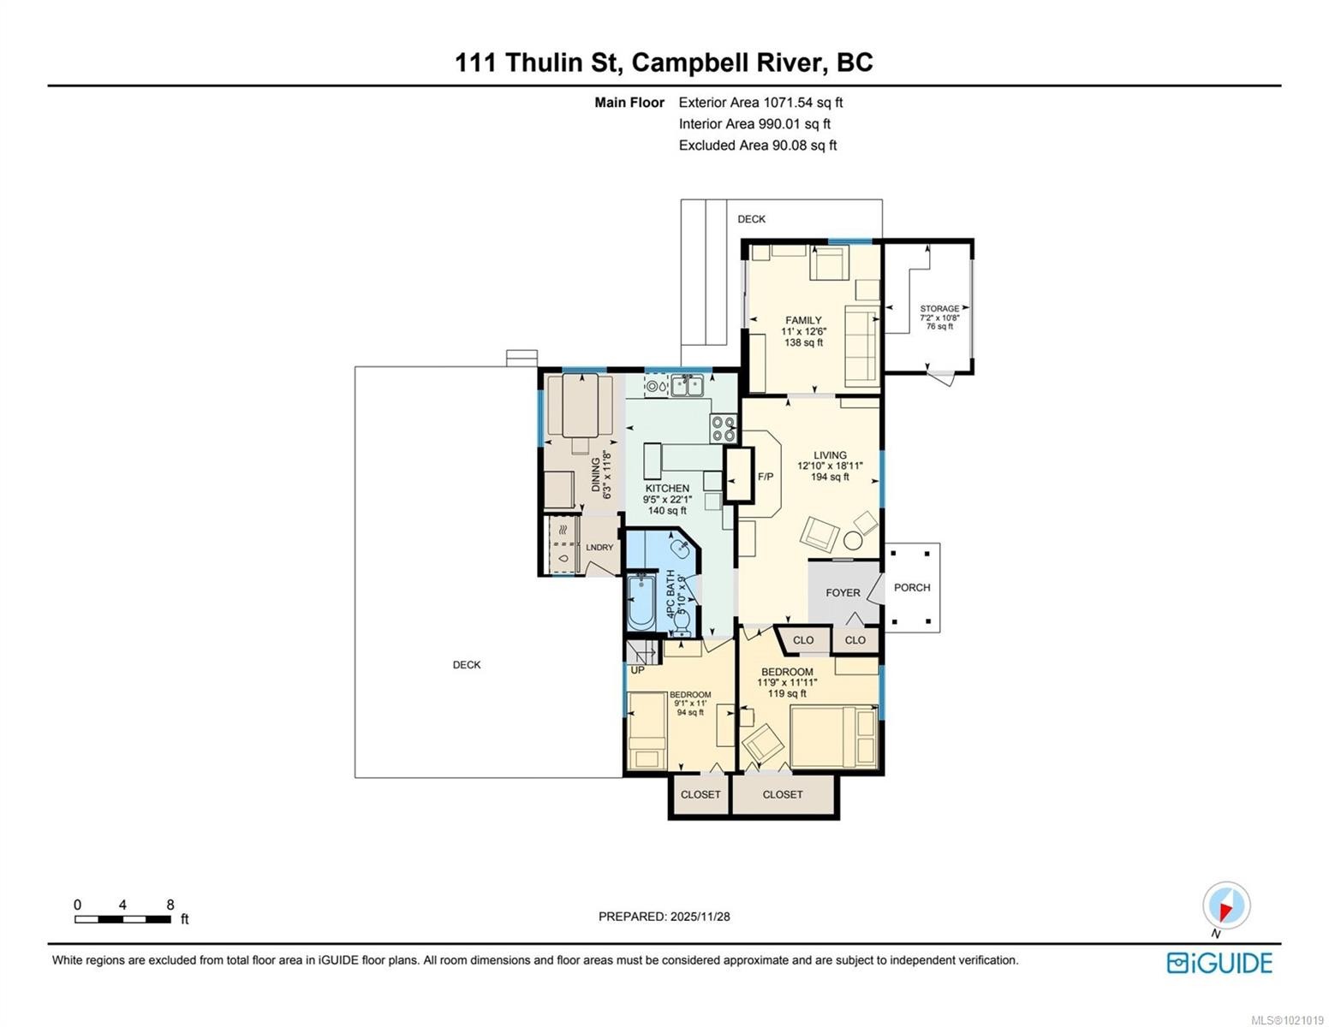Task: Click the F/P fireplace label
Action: pyautogui.click(x=766, y=477)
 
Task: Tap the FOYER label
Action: pyautogui.click(x=843, y=592)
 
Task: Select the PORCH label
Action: pyautogui.click(x=912, y=587)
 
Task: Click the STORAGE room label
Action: pyautogui.click(x=939, y=308)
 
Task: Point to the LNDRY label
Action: pyautogui.click(x=599, y=548)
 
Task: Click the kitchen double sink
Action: pyautogui.click(x=687, y=387)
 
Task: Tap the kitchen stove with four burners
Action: pyautogui.click(x=723, y=428)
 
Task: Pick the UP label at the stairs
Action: pyautogui.click(x=637, y=670)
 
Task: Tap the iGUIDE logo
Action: pyautogui.click(x=1219, y=963)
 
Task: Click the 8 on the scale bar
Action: pyautogui.click(x=170, y=905)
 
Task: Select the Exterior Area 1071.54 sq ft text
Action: pyautogui.click(x=760, y=103)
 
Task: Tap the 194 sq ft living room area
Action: pyautogui.click(x=830, y=478)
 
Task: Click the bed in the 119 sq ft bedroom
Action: pyautogui.click(x=834, y=736)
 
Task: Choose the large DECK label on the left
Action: pyautogui.click(x=467, y=665)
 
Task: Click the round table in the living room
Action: pyautogui.click(x=853, y=540)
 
